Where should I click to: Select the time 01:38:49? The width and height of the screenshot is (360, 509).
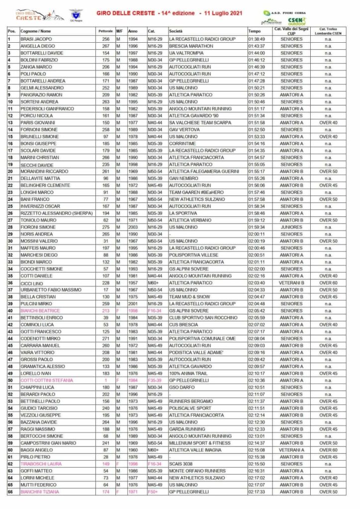[x=257, y=39]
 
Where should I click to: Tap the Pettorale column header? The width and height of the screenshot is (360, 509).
[x=105, y=31]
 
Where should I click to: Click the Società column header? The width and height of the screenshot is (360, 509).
[x=176, y=31]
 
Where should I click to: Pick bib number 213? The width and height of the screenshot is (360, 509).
[x=105, y=311]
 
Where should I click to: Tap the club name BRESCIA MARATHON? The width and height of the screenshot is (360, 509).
[x=190, y=46]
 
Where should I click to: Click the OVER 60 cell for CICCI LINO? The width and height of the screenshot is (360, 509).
[x=328, y=283]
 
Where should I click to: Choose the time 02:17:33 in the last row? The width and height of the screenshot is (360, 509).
[x=257, y=492]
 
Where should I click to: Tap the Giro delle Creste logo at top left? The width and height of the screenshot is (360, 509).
[x=32, y=15]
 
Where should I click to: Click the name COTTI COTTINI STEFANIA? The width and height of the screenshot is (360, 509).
[x=46, y=380]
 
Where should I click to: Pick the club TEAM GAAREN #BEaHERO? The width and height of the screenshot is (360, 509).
[x=194, y=192]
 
